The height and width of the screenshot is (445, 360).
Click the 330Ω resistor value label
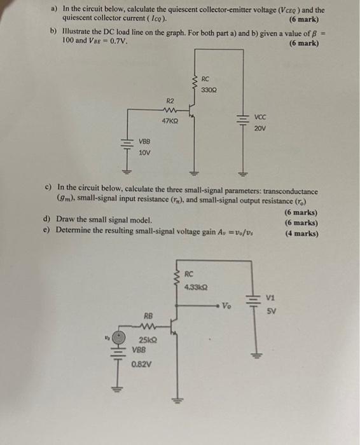click(x=209, y=90)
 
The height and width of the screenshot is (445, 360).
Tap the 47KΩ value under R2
click(x=170, y=121)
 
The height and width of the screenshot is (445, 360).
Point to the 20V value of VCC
click(x=260, y=129)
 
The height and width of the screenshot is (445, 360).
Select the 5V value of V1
click(x=272, y=311)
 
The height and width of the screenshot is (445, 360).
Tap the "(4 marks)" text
click(x=302, y=233)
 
